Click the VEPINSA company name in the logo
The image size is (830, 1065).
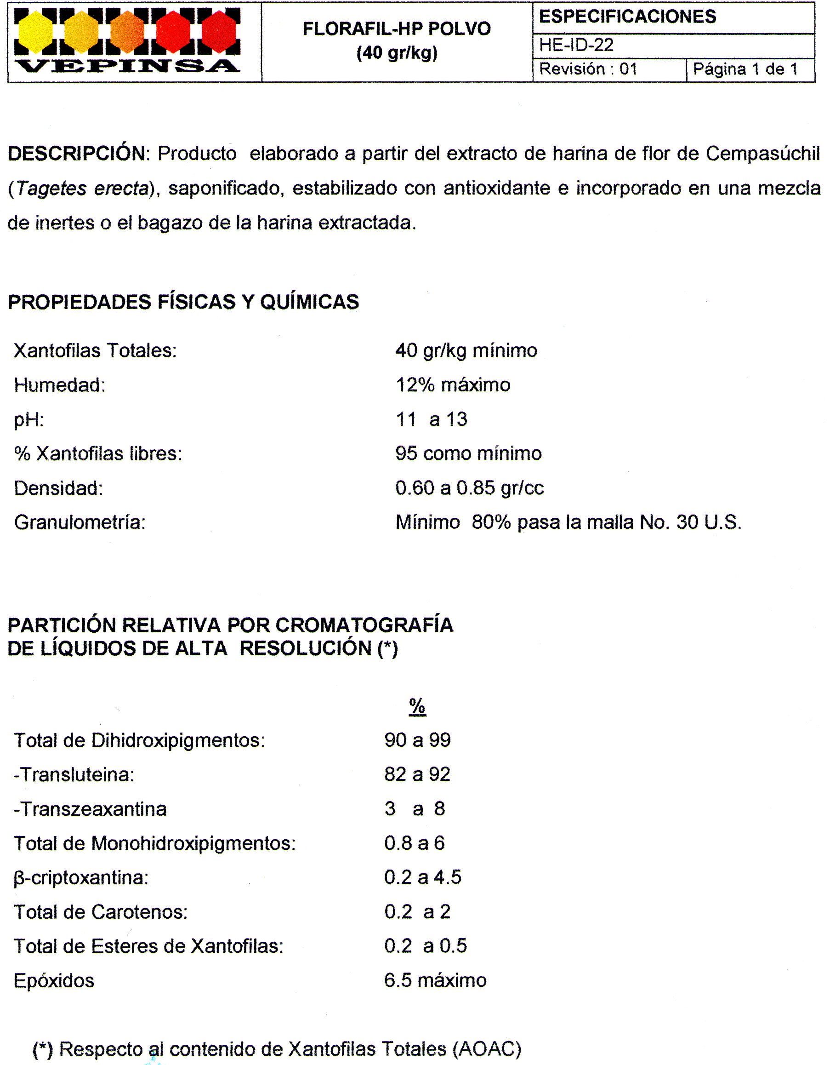[127, 66]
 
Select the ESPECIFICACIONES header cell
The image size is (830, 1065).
[627, 17]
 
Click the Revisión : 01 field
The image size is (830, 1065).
[588, 69]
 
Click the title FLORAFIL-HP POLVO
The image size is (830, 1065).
[397, 29]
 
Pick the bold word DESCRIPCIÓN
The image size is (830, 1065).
[76, 154]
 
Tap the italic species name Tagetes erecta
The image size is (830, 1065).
[82, 188]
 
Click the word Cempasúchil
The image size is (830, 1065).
[763, 154]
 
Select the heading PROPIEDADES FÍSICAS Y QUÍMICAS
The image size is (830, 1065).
[183, 302]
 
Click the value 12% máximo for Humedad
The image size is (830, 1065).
[453, 385]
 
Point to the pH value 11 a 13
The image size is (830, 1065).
[432, 419]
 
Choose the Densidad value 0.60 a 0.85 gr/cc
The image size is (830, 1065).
[469, 488]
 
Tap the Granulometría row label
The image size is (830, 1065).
[80, 523]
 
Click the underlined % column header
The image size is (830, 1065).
[417, 706]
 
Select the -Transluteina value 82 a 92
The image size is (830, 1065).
[417, 774]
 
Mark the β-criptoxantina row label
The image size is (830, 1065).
[81, 878]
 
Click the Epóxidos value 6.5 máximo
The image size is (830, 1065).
[435, 980]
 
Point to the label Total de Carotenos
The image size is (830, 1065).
[100, 912]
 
